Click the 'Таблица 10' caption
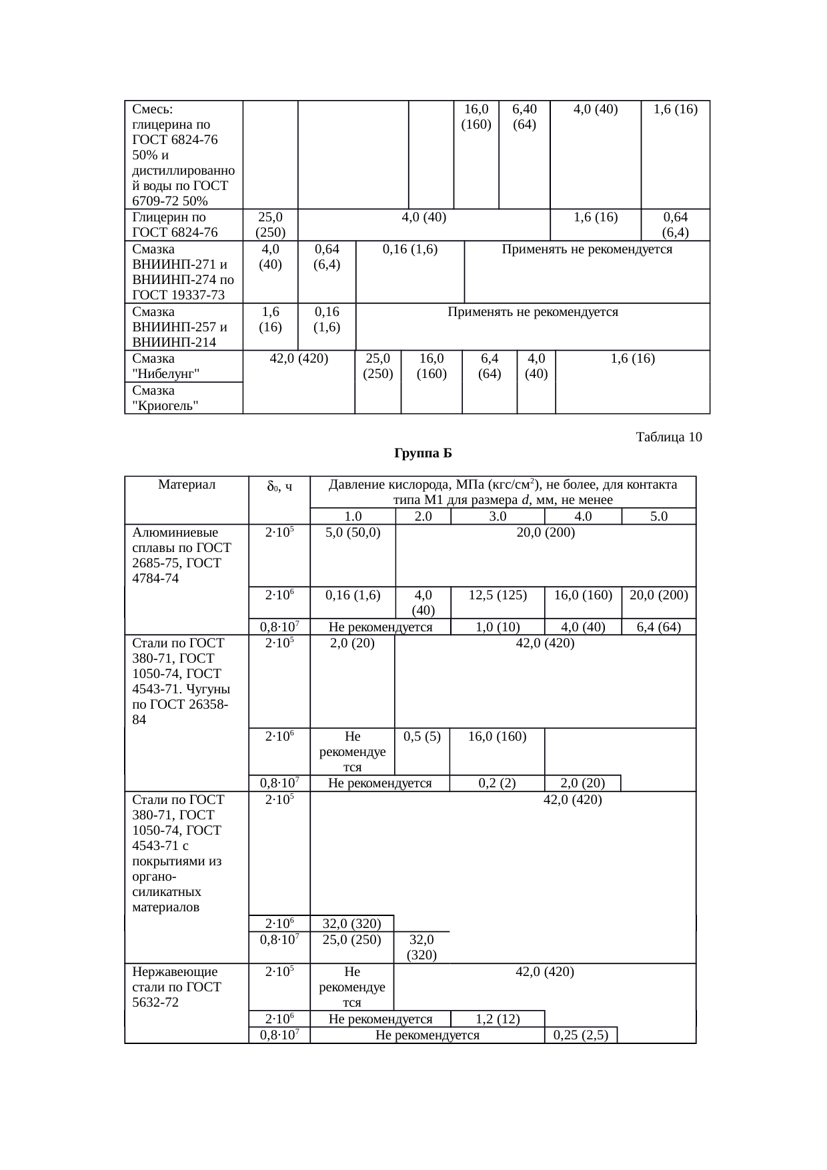pos(668,437)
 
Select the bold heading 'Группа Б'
pos(423,454)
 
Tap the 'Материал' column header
pos(187,485)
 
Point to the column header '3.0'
pos(497,516)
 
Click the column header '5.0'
pos(658,516)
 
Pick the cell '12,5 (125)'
pos(497,595)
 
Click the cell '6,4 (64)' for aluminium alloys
pos(658,627)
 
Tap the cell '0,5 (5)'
pos(422,737)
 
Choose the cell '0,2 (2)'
pos(497,783)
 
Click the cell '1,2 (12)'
pos(498,1019)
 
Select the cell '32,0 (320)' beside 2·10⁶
pos(351,923)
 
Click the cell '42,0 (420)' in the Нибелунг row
pos(298,359)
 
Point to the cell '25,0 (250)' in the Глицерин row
pos(270,225)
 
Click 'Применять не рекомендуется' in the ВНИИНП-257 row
pos(532,312)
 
